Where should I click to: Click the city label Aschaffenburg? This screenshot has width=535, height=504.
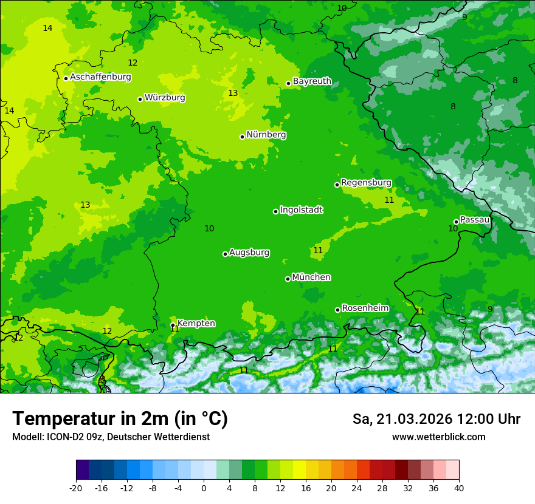[100, 77]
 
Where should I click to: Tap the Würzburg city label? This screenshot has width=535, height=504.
[165, 98]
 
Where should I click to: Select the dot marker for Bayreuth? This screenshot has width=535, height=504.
[288, 84]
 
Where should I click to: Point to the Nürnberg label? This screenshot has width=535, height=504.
[266, 135]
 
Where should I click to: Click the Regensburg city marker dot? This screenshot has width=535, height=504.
[337, 185]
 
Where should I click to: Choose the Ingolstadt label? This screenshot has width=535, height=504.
[301, 210]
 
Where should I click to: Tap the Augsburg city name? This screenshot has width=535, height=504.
[249, 253]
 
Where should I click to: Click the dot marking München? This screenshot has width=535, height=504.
[288, 279]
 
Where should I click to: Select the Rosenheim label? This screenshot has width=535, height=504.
[365, 308]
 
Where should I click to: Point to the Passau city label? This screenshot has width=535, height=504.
[475, 220]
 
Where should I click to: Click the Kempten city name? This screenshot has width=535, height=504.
[196, 324]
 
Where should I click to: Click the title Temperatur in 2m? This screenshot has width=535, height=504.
[120, 419]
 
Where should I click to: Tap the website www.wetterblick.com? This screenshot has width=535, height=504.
[438, 437]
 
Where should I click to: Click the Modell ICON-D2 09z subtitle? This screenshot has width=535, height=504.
[111, 437]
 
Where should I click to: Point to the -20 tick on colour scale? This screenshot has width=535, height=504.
[76, 488]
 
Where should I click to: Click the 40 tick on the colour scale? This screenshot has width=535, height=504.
[459, 488]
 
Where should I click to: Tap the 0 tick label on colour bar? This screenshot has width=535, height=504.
[204, 488]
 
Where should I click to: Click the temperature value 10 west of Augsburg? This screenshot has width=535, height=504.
[209, 229]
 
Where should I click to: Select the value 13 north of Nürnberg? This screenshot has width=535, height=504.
[233, 94]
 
